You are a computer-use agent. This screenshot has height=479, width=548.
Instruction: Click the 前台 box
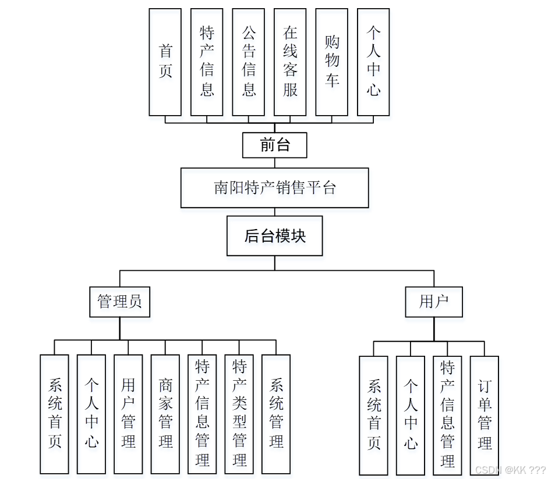[274, 145]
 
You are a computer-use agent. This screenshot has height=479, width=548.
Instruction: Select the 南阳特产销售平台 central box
[274, 188]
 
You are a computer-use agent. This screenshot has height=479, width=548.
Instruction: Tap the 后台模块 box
[274, 236]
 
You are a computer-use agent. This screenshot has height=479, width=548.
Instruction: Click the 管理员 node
[119, 302]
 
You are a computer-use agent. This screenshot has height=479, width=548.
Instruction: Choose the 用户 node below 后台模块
[434, 302]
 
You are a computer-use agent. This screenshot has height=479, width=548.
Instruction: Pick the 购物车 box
[332, 62]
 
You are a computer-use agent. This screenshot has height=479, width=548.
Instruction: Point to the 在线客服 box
[290, 62]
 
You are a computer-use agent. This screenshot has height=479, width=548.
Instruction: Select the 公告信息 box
[249, 62]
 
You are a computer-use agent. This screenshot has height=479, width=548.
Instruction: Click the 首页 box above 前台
[165, 62]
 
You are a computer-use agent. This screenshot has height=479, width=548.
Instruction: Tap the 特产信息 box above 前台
[207, 62]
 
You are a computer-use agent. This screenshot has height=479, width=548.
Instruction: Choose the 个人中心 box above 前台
[373, 62]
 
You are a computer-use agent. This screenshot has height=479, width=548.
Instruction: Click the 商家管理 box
[165, 413]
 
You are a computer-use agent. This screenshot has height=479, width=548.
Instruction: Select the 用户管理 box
[128, 413]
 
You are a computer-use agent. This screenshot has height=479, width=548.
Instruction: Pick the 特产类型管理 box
[239, 413]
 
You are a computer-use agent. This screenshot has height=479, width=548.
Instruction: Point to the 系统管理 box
[276, 413]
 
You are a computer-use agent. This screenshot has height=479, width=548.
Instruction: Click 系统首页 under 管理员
[55, 413]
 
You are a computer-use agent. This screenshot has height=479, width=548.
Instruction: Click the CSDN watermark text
[510, 470]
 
